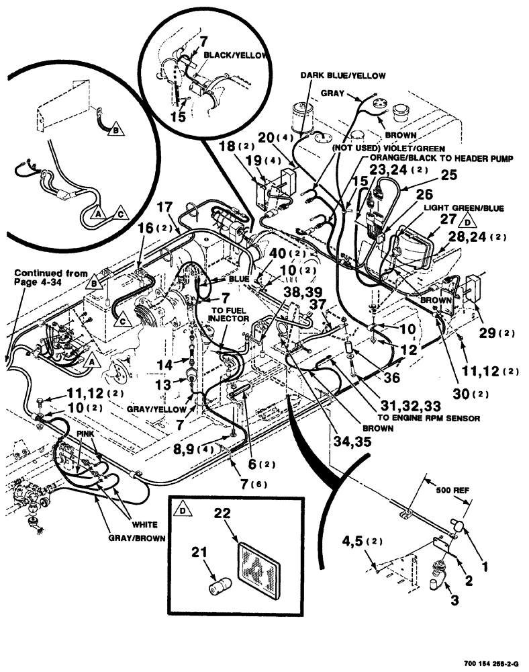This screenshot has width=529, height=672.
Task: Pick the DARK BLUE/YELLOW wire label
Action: pyautogui.click(x=329, y=76)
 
